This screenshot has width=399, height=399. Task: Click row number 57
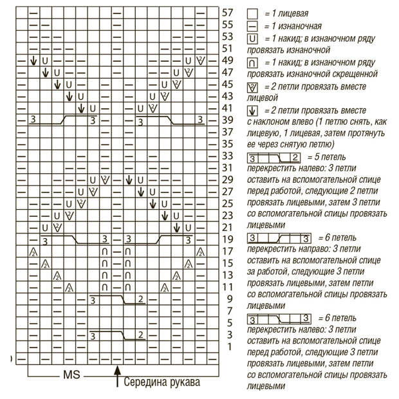coord(227,12)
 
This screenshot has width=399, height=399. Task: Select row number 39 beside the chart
coord(227,120)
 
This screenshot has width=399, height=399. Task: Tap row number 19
coord(227,239)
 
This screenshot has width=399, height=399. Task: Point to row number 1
coord(227,346)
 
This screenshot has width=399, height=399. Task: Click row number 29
coord(227,180)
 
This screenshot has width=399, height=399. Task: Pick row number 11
coord(227,286)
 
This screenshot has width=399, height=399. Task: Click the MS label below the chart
coord(71,374)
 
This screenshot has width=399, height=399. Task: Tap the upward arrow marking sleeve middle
coord(117,377)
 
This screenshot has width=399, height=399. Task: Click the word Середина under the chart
coord(147,382)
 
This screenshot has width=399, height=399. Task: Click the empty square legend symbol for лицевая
coord(252,13)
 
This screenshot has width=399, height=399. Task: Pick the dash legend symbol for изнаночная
coord(252,26)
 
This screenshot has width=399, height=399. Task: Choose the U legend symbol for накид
coord(252,39)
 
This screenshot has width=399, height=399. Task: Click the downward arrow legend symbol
coord(252,110)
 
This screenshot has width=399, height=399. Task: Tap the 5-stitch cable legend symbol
coord(274,158)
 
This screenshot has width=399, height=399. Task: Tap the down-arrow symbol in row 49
coord(33,60)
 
